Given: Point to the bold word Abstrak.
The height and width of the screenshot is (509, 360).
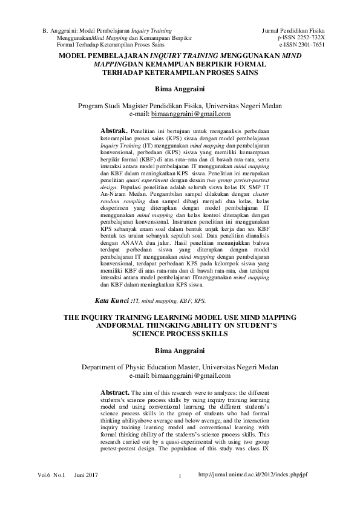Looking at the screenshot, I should [113, 130].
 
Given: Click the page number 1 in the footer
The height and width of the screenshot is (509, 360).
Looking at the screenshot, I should [180, 481].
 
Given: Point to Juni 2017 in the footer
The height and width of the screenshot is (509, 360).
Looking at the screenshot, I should [87, 476].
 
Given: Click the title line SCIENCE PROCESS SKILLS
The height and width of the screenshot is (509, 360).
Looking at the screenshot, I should [180, 333].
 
